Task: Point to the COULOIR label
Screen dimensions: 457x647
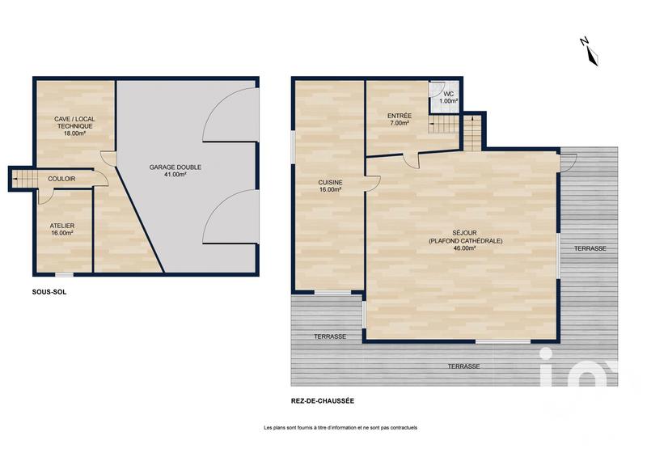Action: [62, 179]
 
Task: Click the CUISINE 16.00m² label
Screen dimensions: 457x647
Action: [330, 187]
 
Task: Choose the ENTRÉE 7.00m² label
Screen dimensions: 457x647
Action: [400, 120]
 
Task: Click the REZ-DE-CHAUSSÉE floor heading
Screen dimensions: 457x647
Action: [322, 400]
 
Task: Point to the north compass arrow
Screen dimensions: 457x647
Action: [592, 51]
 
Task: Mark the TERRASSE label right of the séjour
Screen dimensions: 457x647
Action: [590, 248]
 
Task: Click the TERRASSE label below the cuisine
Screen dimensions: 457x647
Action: [330, 336]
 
